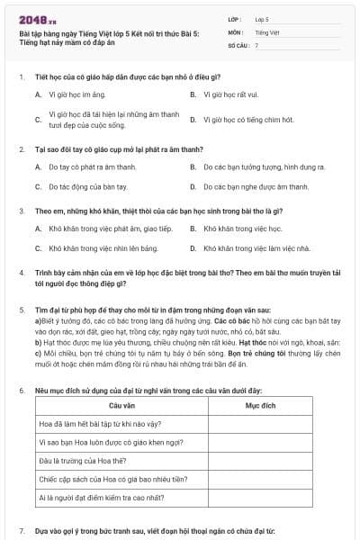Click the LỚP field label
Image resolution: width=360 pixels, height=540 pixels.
tap(234, 18)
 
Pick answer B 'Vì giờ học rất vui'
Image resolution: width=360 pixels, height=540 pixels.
tap(231, 94)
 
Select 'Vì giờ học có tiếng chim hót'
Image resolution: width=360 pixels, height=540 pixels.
tap(248, 120)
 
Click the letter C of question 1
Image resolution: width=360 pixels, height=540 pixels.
tap(38, 120)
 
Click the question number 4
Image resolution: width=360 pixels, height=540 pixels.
tap(22, 272)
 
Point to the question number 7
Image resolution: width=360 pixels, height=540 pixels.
tap(22, 534)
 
